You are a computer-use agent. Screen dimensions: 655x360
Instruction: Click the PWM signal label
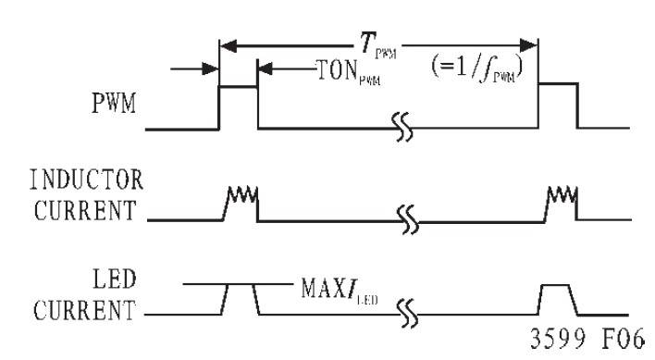pos(114,103)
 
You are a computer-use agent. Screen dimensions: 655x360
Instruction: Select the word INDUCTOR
pos(86,180)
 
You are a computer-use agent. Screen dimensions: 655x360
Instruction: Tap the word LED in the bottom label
pos(115,279)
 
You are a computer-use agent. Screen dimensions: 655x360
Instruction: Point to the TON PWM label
pos(349,72)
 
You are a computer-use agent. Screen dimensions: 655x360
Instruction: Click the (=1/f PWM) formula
pos(477,68)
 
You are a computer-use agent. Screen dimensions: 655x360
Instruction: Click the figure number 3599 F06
pos(587,338)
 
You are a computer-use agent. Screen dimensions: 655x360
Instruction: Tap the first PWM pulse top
pos(238,87)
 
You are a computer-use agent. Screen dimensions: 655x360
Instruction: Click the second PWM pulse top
pos(558,84)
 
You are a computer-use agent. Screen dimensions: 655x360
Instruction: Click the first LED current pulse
pos(241,285)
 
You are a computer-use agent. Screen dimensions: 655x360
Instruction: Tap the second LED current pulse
pos(558,285)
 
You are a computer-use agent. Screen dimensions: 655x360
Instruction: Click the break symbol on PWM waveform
pos(402,127)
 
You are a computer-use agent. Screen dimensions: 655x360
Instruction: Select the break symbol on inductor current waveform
pos(408,219)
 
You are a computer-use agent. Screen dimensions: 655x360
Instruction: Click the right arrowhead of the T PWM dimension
pos(529,45)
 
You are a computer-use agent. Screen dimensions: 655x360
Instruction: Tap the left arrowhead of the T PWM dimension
pos(229,45)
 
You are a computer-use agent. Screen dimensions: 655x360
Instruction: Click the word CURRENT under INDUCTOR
pos(85,210)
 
